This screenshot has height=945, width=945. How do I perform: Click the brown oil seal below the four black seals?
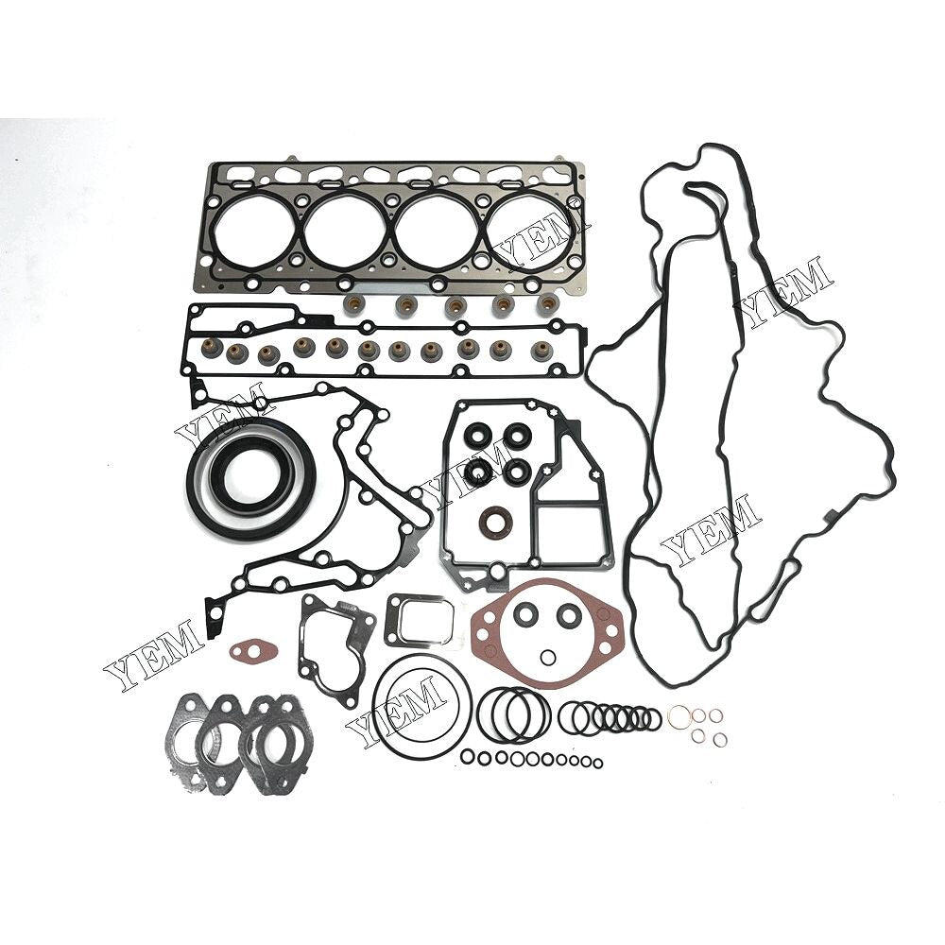click(x=493, y=520)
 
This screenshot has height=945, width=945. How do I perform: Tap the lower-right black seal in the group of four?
click(x=517, y=472)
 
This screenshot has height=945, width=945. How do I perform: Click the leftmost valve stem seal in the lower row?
click(x=212, y=348)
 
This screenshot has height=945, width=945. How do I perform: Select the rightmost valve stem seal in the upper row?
click(x=547, y=302)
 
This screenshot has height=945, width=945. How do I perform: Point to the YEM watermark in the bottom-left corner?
click(x=154, y=655)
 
